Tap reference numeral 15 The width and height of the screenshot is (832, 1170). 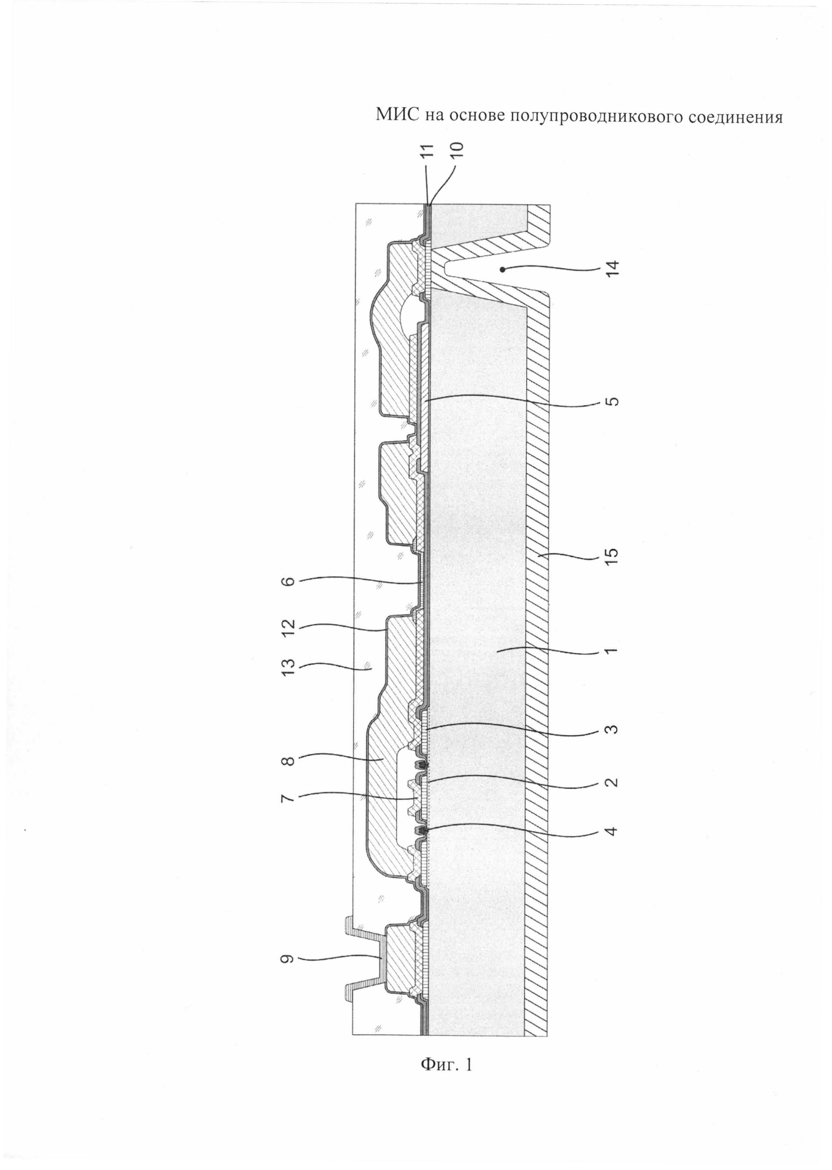(613, 555)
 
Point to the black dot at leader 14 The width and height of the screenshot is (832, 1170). (505, 268)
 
